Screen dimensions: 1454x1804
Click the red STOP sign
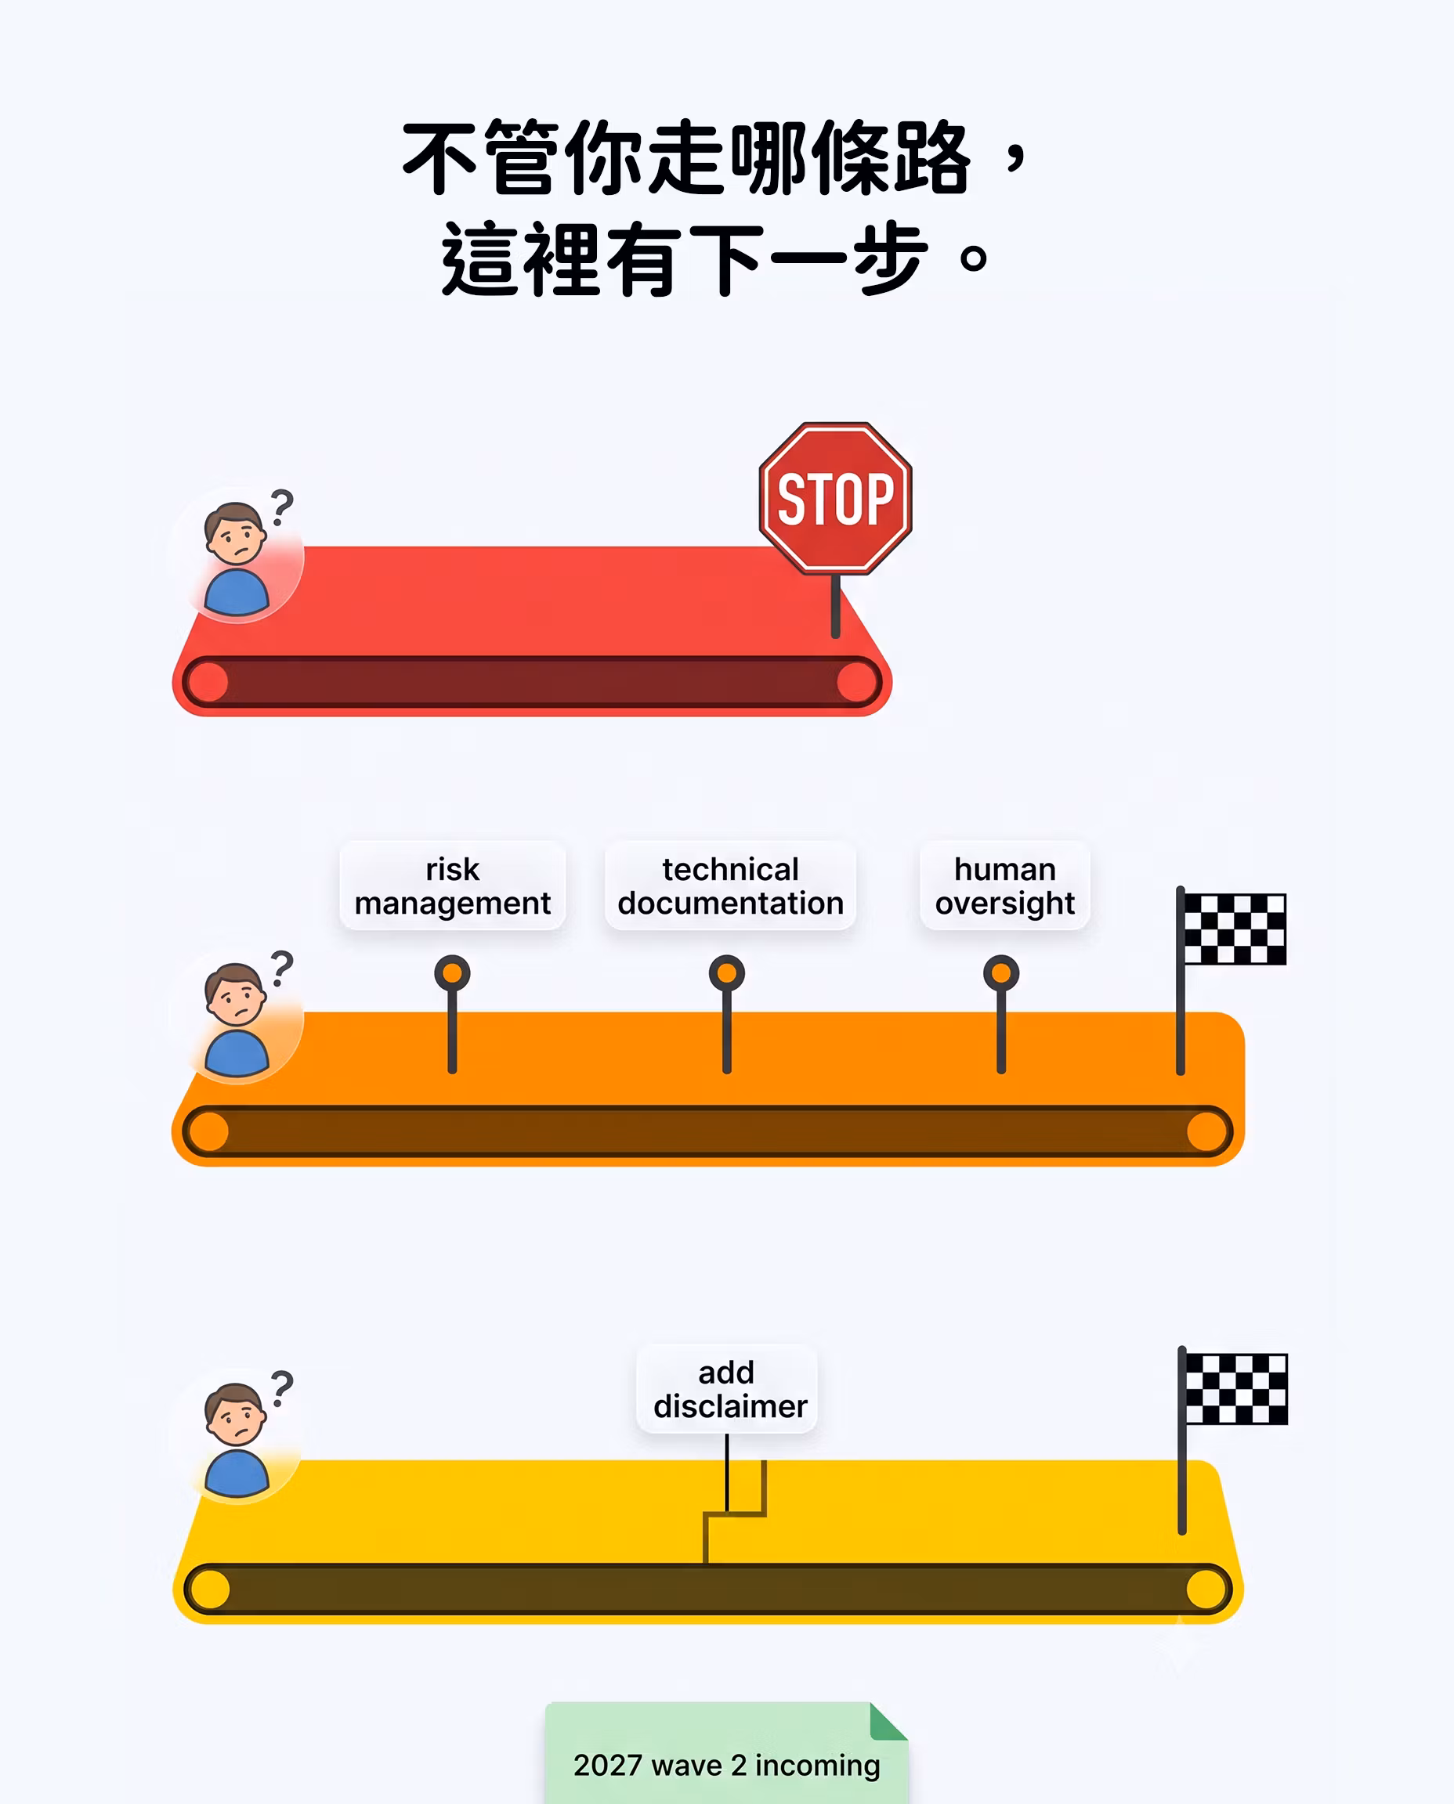click(x=835, y=499)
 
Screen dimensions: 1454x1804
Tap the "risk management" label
click(x=452, y=886)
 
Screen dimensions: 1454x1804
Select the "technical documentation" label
click(x=730, y=886)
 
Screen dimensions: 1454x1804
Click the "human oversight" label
click(x=1005, y=886)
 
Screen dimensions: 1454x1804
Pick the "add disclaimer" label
click(x=727, y=1389)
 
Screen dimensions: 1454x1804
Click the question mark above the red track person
click(x=282, y=508)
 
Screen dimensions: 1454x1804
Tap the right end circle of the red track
click(x=857, y=681)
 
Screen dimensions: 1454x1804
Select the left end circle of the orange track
click(x=208, y=1131)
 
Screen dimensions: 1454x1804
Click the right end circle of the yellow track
click(x=1207, y=1589)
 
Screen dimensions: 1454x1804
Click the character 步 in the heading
click(x=890, y=258)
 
